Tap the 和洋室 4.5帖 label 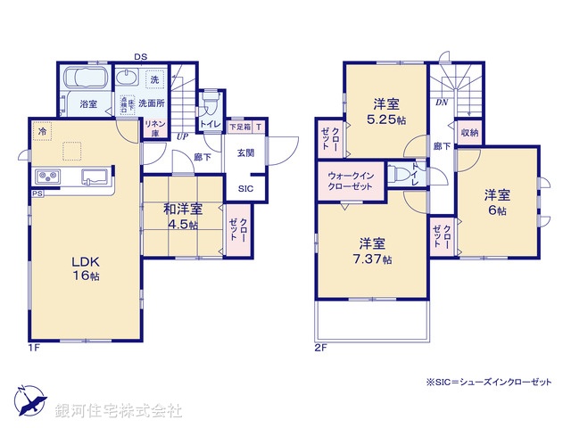click(x=182, y=217)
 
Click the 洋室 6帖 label click(x=497, y=202)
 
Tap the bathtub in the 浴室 click(x=86, y=78)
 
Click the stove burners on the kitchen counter click(x=47, y=176)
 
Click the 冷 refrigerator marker click(x=41, y=131)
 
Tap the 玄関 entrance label click(x=244, y=152)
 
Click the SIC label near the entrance click(x=244, y=188)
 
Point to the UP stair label click(x=182, y=136)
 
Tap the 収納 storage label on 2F click(x=468, y=133)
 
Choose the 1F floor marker click(x=36, y=348)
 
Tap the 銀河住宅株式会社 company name click(x=118, y=411)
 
